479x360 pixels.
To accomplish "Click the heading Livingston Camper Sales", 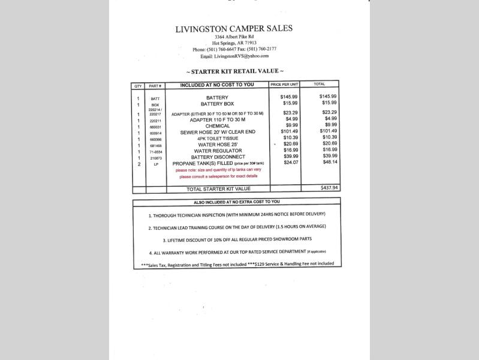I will click(x=234, y=29).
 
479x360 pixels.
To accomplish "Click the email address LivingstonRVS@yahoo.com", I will click(x=234, y=56).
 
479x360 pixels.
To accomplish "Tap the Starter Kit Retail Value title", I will click(x=234, y=71).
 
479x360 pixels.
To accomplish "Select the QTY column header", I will click(x=138, y=85).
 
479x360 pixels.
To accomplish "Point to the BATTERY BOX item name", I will click(x=217, y=104).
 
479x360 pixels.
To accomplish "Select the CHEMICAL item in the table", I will click(x=217, y=126).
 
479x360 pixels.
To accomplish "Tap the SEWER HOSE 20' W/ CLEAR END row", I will click(x=218, y=132).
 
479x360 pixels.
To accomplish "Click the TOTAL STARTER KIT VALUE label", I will click(x=218, y=189).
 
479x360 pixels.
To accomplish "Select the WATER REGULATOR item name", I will click(x=217, y=151).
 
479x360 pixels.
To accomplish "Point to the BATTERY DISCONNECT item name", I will click(x=218, y=157).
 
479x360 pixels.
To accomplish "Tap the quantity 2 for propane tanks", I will click(x=138, y=164).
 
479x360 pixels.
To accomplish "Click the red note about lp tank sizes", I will click(x=218, y=173).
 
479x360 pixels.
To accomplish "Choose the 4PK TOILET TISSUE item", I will click(x=217, y=138).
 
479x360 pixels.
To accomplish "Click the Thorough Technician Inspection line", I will click(x=237, y=214).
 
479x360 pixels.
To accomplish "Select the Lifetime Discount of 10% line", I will click(x=237, y=240).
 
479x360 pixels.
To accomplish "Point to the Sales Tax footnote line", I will click(x=237, y=264).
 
